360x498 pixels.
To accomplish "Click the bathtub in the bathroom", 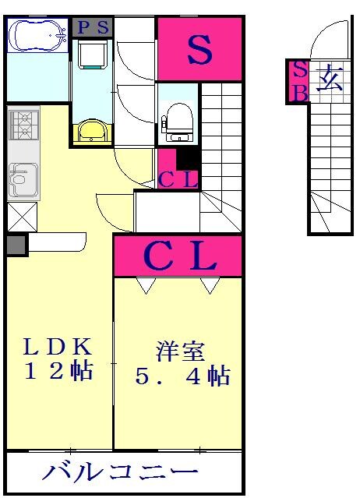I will tap(37, 35).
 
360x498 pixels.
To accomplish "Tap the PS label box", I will tap(93, 26).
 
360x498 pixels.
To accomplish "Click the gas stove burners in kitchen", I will tap(23, 123).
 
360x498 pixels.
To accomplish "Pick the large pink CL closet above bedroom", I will tap(178, 256).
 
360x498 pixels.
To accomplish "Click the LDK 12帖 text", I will tap(58, 358).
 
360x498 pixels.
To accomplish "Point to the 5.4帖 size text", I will tap(182, 376).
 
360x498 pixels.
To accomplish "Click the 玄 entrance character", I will tap(328, 79).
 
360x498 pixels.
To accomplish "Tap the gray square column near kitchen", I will tap(16, 245).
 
